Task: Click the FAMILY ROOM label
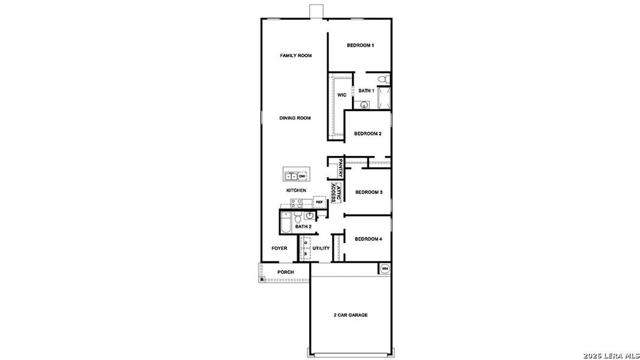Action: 295,56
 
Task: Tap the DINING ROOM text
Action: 295,118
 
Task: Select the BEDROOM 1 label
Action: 360,46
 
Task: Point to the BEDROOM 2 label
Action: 367,134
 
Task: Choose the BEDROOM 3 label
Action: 369,192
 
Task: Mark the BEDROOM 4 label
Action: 368,239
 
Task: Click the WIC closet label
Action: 342,95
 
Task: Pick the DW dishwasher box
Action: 303,176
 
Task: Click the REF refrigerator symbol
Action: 319,202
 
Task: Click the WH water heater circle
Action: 385,268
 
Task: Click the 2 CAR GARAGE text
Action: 350,315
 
